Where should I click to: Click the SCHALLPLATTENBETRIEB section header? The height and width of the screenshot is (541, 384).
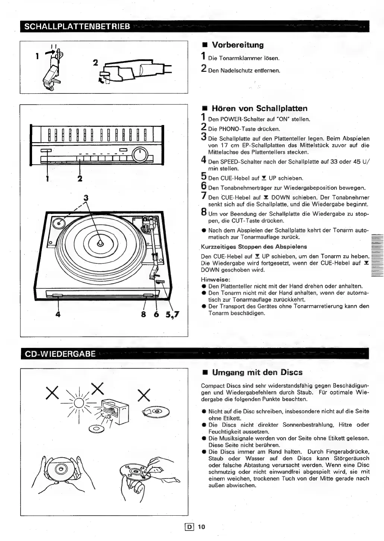[x=77, y=26]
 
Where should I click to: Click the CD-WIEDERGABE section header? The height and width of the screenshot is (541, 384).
[x=60, y=353]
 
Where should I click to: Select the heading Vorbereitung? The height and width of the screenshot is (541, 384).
[x=237, y=45]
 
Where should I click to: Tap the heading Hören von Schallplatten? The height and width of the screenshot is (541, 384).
[x=259, y=109]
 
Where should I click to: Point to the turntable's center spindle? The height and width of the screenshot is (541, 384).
[x=100, y=243]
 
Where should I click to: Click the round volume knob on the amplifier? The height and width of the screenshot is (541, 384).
[x=140, y=155]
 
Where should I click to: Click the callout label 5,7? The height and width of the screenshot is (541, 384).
[x=172, y=315]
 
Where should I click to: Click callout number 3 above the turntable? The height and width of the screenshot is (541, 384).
[x=86, y=198]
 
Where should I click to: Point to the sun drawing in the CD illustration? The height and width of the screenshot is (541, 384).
[x=79, y=403]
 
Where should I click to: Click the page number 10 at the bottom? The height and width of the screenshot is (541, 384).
[x=201, y=527]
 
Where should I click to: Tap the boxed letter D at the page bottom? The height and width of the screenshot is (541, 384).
[x=190, y=527]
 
